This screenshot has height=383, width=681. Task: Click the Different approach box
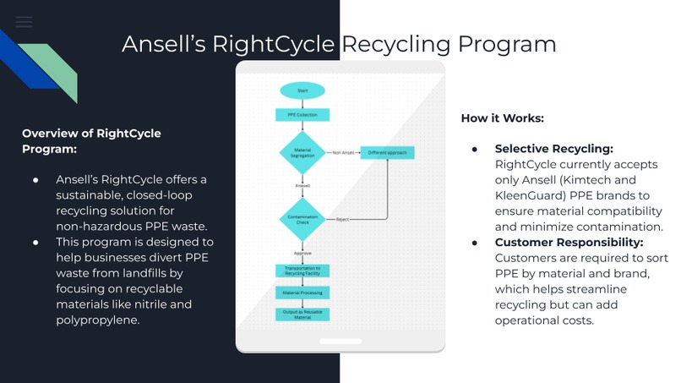point(389,153)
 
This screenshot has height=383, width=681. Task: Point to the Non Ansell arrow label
point(342,153)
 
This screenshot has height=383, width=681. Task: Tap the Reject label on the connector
point(342,220)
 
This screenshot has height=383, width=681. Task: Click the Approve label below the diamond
point(302,253)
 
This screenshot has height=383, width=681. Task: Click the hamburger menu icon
point(24,22)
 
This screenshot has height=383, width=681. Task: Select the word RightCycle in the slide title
point(277,44)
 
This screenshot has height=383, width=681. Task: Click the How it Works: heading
point(502,118)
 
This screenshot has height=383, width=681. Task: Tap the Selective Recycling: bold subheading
point(553,149)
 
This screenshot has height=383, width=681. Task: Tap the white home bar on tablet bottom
point(340,342)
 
